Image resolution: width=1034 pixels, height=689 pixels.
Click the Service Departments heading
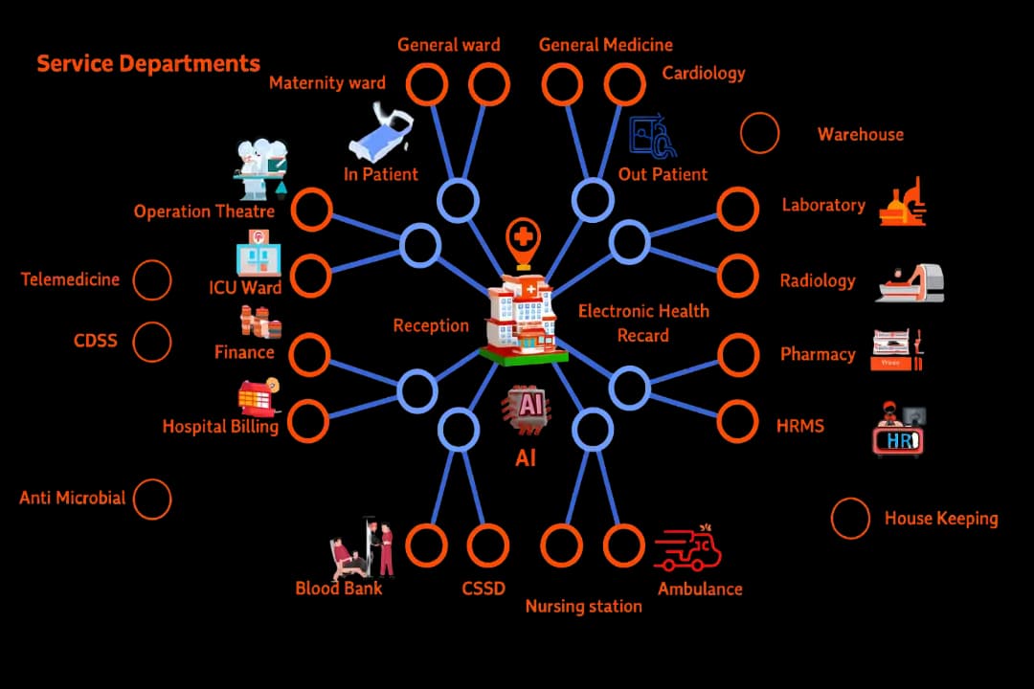[148, 64]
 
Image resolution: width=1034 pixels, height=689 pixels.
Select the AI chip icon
[526, 408]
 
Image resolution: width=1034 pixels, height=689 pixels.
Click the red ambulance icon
[687, 551]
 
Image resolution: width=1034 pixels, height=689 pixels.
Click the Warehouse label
[860, 135]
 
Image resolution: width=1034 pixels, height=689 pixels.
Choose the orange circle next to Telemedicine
[151, 280]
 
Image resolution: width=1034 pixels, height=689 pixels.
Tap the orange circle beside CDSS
[151, 342]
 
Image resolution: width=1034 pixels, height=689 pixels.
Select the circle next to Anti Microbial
[151, 499]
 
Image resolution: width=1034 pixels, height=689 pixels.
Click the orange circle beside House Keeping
[850, 519]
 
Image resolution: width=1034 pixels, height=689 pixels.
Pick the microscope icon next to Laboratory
[903, 202]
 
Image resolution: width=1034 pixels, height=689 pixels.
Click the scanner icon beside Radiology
[910, 284]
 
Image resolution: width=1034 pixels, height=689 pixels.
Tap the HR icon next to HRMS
[900, 432]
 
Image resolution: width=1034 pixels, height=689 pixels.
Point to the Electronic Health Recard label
[643, 322]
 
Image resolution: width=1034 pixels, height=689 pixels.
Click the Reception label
[431, 325]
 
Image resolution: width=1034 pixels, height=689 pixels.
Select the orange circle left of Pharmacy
[738, 354]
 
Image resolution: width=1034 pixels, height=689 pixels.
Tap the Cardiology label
[703, 73]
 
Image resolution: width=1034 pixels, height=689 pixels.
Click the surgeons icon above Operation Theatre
[261, 168]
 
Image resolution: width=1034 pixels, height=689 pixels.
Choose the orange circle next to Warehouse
[759, 134]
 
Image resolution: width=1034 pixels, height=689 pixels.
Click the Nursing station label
[583, 607]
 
